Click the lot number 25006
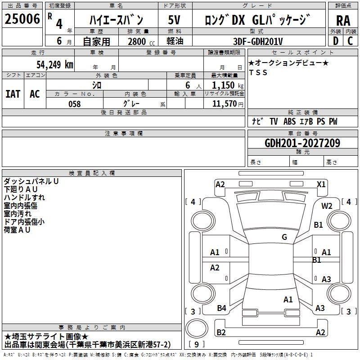click(x=22, y=19)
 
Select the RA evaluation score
click(x=343, y=21)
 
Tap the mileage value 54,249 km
click(x=55, y=65)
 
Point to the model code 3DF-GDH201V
click(x=258, y=41)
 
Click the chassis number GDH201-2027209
click(x=302, y=143)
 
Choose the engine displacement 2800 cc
click(x=141, y=41)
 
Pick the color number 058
click(x=74, y=104)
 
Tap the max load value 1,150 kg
click(x=227, y=85)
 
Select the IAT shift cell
click(x=13, y=94)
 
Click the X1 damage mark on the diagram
click(x=321, y=184)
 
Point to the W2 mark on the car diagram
click(x=327, y=206)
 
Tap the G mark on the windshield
click(x=284, y=237)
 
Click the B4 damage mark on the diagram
click(x=221, y=308)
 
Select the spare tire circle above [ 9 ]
click(x=197, y=328)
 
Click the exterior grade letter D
click(x=335, y=41)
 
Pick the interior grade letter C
click(x=350, y=41)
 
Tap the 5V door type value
click(x=174, y=20)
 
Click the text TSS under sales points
click(x=258, y=72)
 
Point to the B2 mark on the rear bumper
click(x=221, y=333)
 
